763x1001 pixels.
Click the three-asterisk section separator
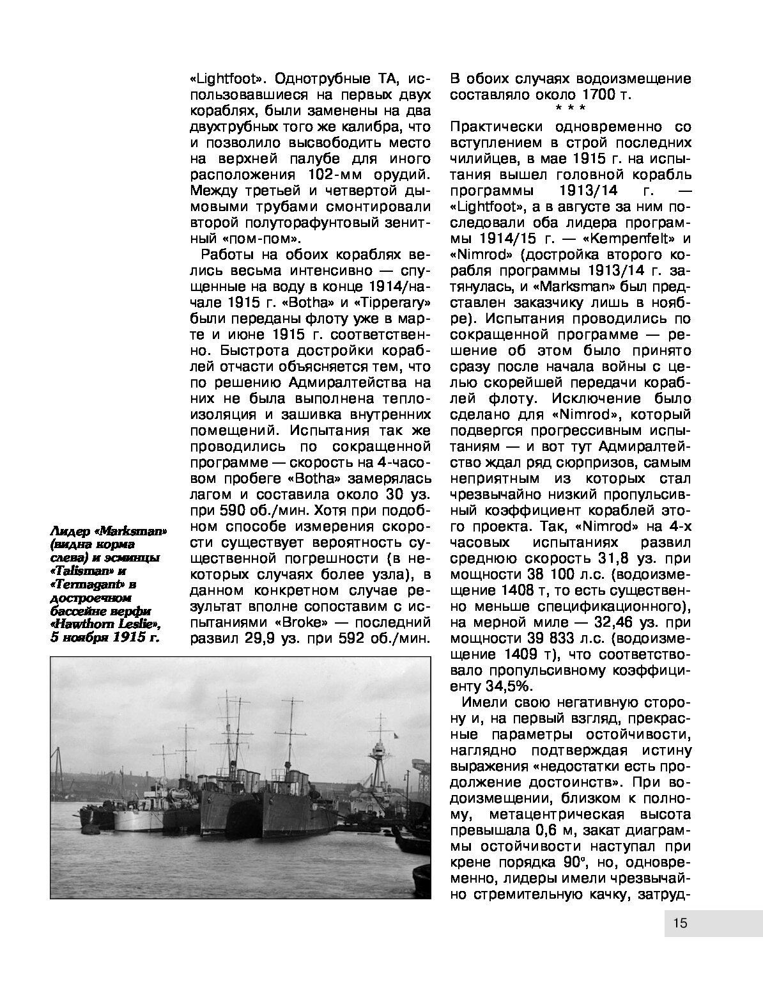point(570,109)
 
